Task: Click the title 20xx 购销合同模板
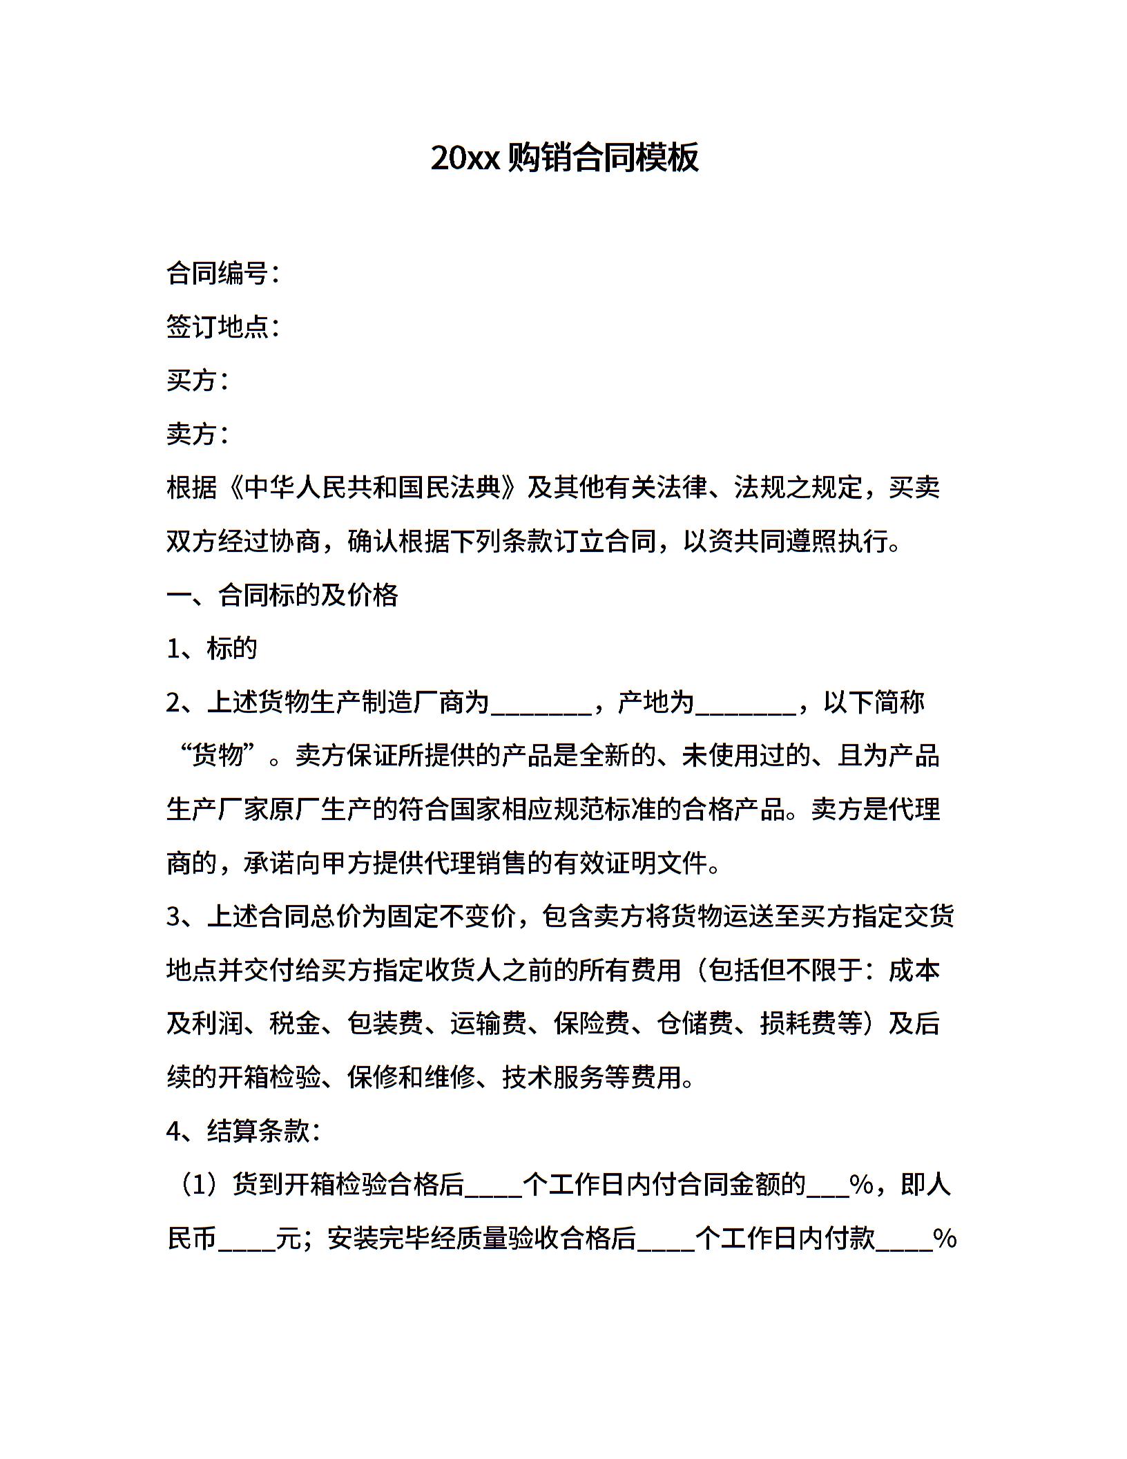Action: (564, 158)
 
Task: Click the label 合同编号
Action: (218, 274)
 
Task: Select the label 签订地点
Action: (218, 327)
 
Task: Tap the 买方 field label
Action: (193, 381)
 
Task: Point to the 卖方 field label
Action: (193, 434)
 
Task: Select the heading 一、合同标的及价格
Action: (282, 595)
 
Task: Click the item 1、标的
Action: (212, 648)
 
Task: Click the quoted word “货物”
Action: (219, 755)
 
